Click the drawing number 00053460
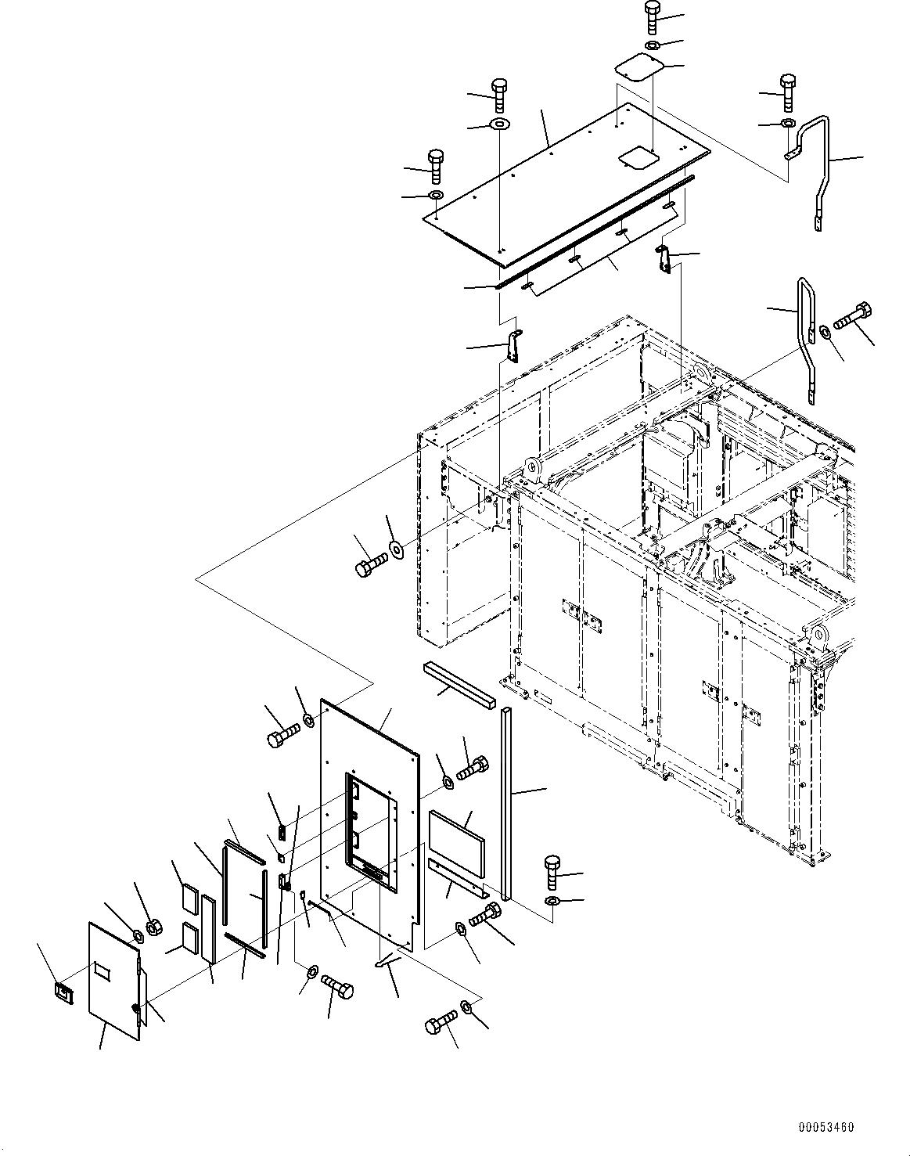coord(826,1128)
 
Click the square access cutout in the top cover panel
coord(635,159)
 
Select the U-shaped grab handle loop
coord(805,337)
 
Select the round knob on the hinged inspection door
coord(137,1010)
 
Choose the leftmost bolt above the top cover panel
coord(435,162)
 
